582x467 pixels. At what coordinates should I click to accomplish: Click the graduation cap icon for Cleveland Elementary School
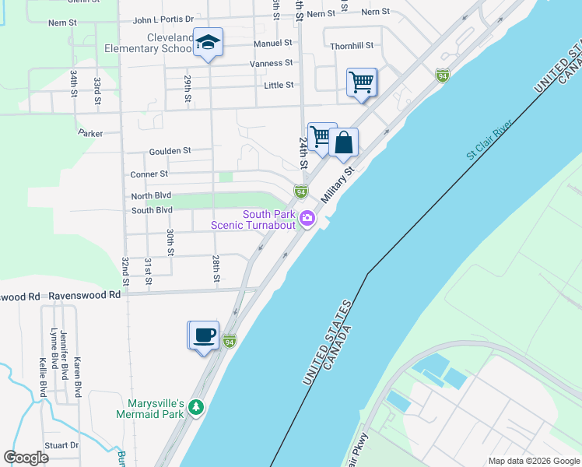pyautogui.click(x=208, y=42)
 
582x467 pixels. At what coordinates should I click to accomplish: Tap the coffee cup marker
pyautogui.click(x=205, y=335)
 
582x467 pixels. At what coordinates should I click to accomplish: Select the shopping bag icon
pyautogui.click(x=343, y=142)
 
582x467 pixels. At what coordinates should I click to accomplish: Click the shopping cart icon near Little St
pyautogui.click(x=361, y=82)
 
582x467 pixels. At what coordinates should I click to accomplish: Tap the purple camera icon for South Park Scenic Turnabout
pyautogui.click(x=307, y=219)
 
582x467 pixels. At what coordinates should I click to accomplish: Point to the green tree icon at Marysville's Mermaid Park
pyautogui.click(x=197, y=406)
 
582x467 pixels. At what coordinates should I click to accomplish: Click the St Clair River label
pyautogui.click(x=492, y=140)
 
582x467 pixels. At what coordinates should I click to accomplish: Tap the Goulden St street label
pyautogui.click(x=170, y=150)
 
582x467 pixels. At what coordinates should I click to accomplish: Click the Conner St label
pyautogui.click(x=149, y=174)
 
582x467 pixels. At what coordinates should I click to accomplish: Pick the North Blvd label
pyautogui.click(x=151, y=196)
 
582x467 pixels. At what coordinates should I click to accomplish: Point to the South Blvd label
pyautogui.click(x=152, y=210)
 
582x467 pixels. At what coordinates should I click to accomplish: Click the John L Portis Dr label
pyautogui.click(x=163, y=19)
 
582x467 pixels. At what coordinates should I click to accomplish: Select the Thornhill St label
pyautogui.click(x=352, y=46)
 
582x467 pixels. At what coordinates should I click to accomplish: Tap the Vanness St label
pyautogui.click(x=271, y=63)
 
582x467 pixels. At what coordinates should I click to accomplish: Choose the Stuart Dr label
pyautogui.click(x=63, y=445)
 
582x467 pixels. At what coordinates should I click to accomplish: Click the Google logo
pyautogui.click(x=26, y=458)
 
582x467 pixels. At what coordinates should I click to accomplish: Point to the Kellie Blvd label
pyautogui.click(x=43, y=377)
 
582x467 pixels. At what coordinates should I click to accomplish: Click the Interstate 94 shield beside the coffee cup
pyautogui.click(x=229, y=341)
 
